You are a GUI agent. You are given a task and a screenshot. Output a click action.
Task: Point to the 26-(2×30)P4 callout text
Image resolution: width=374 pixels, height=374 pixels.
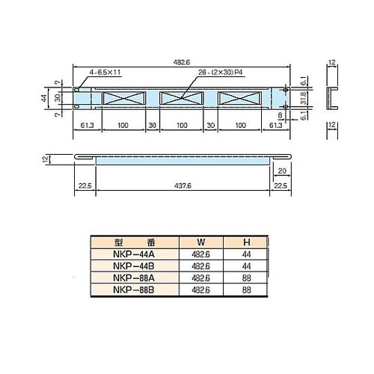coord(217,73)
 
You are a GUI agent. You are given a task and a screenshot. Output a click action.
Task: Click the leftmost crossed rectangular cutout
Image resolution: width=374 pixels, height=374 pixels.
coord(121,97)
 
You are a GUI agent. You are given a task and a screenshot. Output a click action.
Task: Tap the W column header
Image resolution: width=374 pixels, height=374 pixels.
coord(200,242)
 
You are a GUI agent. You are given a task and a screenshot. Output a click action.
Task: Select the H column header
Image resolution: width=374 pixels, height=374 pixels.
coord(246,242)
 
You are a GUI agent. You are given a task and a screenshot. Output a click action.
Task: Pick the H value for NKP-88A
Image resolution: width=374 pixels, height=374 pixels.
coord(246,277)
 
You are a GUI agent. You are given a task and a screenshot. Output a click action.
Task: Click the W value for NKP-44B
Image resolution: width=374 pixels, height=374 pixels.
coord(200,266)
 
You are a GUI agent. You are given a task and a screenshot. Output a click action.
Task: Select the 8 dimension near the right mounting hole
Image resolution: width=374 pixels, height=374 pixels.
coord(280,117)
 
